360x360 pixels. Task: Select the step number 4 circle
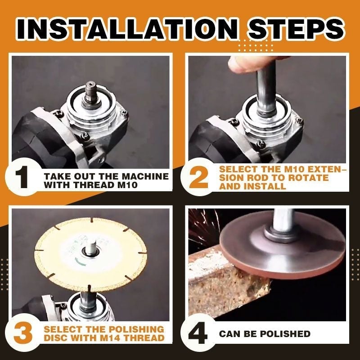(198, 333)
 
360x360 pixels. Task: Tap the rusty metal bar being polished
(225, 288)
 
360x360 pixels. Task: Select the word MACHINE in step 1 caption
(147, 176)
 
